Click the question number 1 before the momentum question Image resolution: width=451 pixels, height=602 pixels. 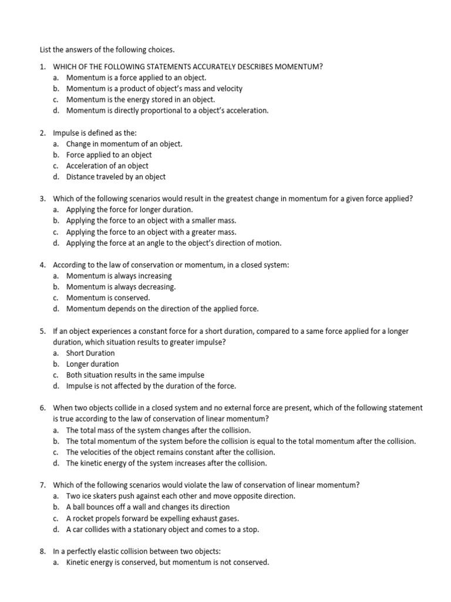(x=43, y=66)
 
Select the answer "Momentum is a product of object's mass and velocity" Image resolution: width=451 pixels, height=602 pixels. (x=154, y=88)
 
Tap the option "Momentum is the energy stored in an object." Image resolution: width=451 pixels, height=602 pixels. (x=140, y=99)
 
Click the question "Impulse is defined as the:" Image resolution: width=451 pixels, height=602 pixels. (x=95, y=133)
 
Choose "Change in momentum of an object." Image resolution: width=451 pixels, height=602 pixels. (x=124, y=143)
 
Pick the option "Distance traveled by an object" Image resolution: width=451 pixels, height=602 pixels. (x=116, y=176)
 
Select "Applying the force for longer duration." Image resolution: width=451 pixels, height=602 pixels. (x=129, y=209)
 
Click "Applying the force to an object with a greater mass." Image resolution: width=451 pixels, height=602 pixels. (x=151, y=232)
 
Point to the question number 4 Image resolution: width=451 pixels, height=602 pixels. (x=43, y=265)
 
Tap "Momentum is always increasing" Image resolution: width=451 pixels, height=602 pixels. (x=119, y=276)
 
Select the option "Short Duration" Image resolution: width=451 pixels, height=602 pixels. (x=90, y=353)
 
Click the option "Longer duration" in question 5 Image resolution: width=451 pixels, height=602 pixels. (x=92, y=364)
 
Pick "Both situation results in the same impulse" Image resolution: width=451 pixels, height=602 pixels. (x=135, y=374)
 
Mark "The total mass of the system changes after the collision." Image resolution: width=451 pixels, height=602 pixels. (x=159, y=430)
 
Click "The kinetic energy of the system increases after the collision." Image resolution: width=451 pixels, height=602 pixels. (x=166, y=463)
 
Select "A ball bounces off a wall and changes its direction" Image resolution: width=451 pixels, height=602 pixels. (x=148, y=507)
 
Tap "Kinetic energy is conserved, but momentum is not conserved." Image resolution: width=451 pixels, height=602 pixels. (x=167, y=562)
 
